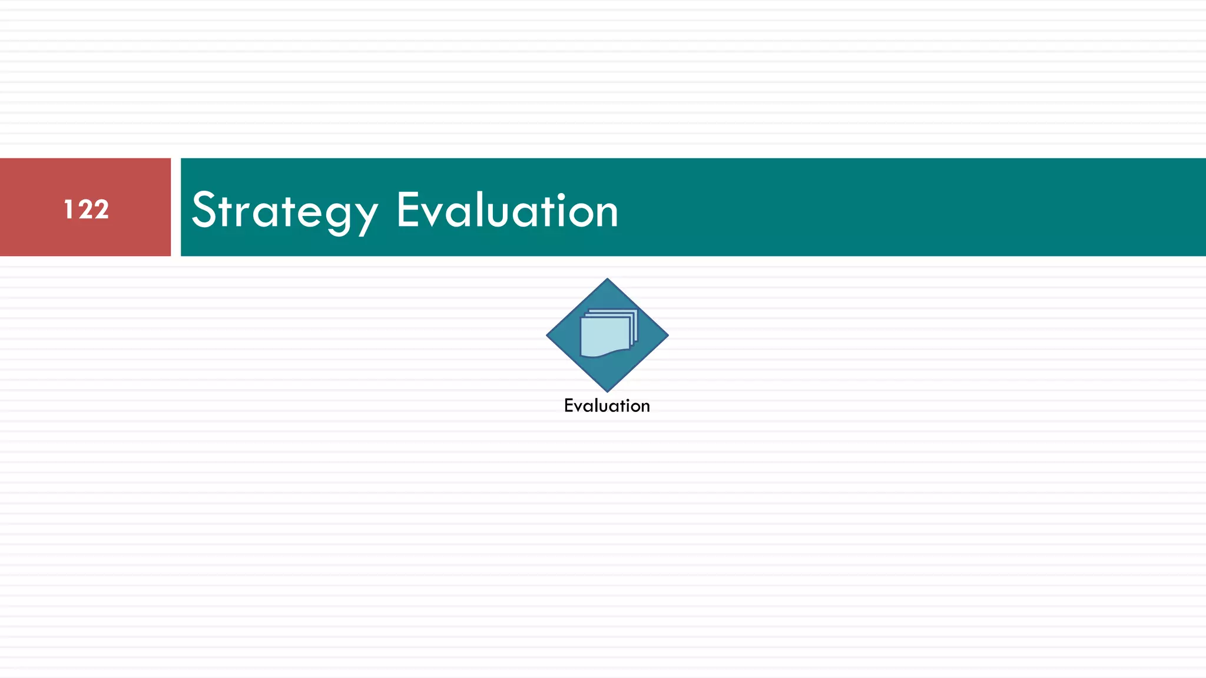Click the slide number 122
point(86,210)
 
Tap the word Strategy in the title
point(284,211)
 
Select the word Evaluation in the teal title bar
point(507,211)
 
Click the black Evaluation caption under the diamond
point(607,406)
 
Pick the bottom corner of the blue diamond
point(607,390)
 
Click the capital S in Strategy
point(205,210)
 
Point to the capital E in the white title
point(409,210)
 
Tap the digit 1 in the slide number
point(68,210)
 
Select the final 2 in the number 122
point(101,210)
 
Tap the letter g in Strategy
point(339,215)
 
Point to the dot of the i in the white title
point(561,195)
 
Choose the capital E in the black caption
point(569,406)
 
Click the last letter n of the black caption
point(645,406)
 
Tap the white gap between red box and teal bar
point(175,207)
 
